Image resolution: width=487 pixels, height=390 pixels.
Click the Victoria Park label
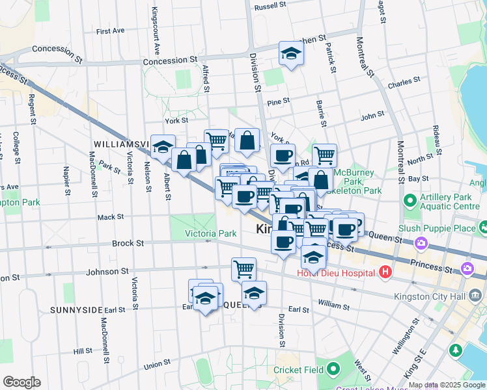210,233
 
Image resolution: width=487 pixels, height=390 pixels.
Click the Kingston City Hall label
431,297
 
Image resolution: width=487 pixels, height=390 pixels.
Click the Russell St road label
271,6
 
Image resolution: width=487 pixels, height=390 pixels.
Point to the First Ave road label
109,31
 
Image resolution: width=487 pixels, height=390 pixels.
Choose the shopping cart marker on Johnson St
244,268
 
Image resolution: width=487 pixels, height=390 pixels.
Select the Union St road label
157,365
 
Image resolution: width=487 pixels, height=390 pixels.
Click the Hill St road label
83,351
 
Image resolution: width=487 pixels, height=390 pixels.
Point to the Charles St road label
404,83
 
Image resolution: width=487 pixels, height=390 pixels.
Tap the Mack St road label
111,217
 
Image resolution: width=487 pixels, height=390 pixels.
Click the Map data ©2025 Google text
447,385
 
